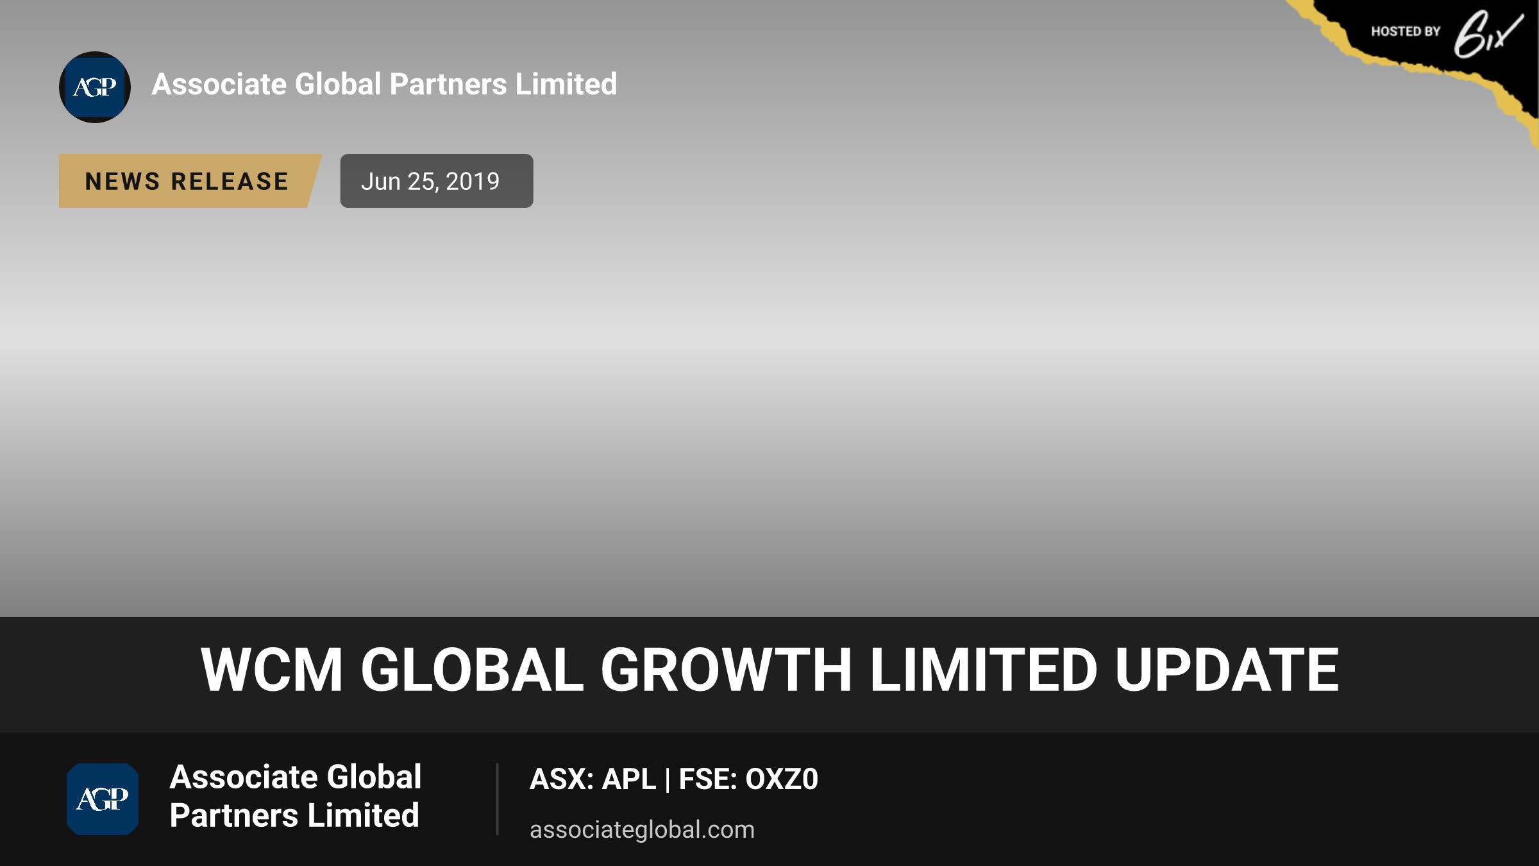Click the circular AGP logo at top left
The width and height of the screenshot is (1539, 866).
tap(95, 87)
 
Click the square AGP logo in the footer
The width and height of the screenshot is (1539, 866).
tap(103, 799)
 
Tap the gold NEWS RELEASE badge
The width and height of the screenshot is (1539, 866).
tap(190, 181)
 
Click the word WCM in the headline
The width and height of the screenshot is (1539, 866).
tap(272, 670)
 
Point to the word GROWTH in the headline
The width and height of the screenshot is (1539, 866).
tap(726, 670)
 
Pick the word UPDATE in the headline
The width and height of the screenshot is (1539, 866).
tap(1227, 670)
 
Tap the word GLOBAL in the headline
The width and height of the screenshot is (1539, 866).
tap(472, 670)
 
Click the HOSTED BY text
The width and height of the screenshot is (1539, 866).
tap(1406, 31)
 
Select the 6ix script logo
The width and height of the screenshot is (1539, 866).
tap(1488, 35)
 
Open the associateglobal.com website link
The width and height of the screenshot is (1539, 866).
tap(642, 830)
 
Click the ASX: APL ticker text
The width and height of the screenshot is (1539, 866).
tap(593, 779)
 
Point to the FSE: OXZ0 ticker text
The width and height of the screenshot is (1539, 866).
tap(748, 779)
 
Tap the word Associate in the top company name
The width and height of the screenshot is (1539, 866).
tap(219, 84)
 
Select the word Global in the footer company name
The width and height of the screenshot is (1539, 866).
tap(374, 777)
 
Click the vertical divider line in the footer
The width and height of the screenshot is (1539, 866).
tap(497, 799)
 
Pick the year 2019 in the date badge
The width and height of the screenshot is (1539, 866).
tap(473, 182)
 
